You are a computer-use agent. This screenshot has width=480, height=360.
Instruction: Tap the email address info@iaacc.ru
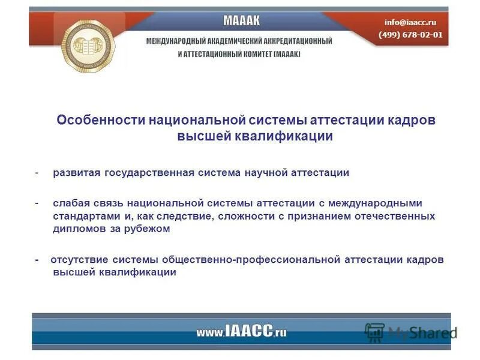click(410, 22)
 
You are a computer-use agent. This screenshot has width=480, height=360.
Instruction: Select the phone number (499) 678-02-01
click(410, 34)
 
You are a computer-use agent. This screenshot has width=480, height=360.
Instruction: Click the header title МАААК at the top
click(241, 21)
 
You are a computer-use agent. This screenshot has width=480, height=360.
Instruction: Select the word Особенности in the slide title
click(97, 120)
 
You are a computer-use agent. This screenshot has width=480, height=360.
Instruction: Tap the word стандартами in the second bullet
click(80, 215)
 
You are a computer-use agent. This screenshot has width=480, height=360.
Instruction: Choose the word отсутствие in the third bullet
click(74, 259)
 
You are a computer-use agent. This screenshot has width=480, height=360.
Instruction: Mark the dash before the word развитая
click(37, 173)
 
